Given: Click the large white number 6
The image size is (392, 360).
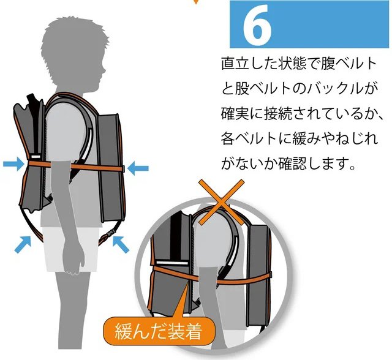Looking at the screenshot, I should click(257, 26).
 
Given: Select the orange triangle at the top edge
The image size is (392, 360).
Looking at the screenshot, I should click(195, 3).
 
